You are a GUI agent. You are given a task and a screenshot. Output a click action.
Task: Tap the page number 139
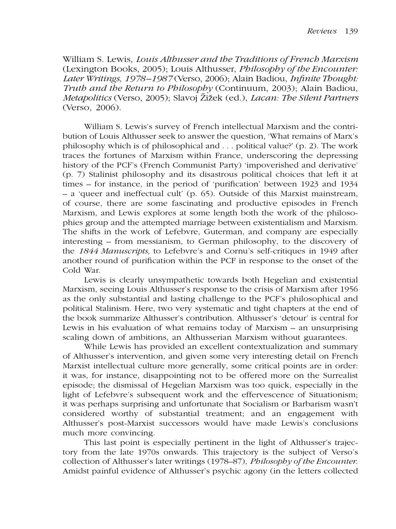351,31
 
